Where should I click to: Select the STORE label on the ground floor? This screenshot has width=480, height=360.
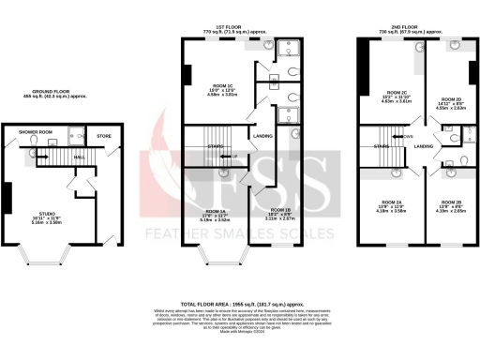pyautogui.click(x=103, y=137)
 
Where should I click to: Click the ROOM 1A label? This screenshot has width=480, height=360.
pyautogui.click(x=218, y=212)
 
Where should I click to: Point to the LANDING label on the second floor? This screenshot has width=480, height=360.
pyautogui.click(x=424, y=147)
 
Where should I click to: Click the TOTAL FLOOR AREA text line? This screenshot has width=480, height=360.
pyautogui.click(x=243, y=305)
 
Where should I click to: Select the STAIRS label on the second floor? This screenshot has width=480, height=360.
pyautogui.click(x=381, y=147)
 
